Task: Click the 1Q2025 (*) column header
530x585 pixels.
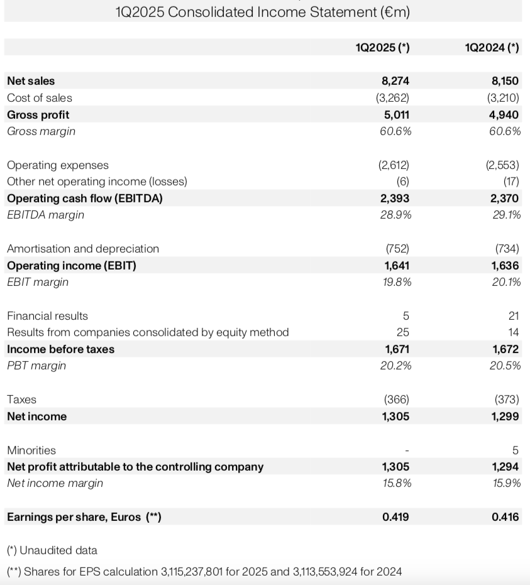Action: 382,46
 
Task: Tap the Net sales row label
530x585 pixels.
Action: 31,81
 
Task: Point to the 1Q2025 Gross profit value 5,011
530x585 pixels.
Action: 396,115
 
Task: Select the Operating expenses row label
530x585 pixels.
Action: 58,165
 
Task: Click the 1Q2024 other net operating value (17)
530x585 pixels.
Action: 511,182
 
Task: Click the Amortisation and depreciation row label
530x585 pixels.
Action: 83,249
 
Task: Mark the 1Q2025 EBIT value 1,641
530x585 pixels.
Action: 396,266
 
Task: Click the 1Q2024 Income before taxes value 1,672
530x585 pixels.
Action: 505,349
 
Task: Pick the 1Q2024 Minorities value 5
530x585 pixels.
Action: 516,450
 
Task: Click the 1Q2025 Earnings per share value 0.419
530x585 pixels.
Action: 395,517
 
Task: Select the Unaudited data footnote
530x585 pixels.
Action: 52,550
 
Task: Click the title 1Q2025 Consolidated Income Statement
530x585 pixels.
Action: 263,12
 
